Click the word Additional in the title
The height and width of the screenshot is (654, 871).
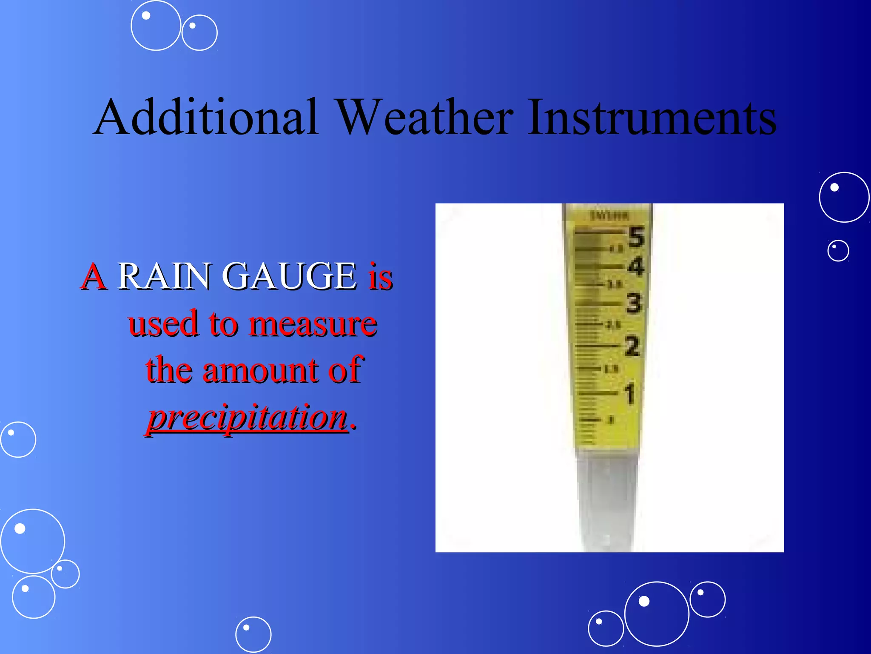[206, 117]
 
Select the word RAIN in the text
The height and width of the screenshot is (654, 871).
[163, 276]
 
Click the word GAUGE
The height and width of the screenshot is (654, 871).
[290, 276]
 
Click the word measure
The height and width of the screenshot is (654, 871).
[313, 324]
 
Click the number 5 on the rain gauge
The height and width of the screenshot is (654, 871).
[636, 237]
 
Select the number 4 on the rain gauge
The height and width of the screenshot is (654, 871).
[636, 267]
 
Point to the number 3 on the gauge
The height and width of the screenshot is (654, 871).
[634, 304]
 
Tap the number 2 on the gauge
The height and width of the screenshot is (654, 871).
[632, 346]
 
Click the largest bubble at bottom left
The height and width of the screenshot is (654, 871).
[33, 541]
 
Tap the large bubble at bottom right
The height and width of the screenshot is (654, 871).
[656, 614]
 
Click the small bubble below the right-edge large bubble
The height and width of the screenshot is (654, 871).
[838, 251]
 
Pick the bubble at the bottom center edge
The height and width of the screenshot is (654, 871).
[253, 634]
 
